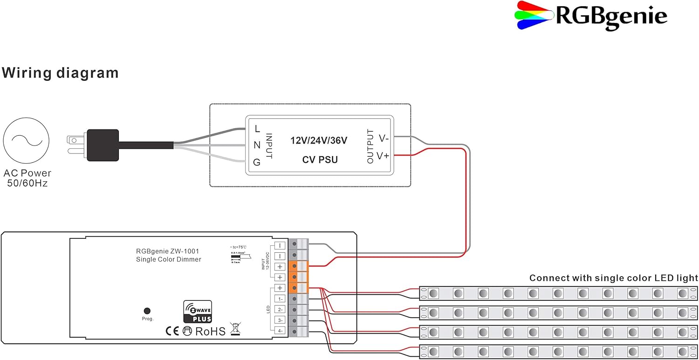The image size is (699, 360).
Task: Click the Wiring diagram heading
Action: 60,73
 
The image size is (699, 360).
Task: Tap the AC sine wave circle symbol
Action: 26,140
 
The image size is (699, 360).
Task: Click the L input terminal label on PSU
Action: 257,129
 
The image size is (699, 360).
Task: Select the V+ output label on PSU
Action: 383,156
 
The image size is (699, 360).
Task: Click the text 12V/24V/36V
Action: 319,140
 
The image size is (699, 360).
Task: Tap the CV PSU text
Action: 320,160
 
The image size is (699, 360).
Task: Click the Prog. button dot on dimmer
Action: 147,311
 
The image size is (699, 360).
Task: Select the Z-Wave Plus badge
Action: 198,312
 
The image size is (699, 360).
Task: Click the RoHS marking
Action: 210,332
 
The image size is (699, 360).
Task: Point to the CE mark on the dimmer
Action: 172,332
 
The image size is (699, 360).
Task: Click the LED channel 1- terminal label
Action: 280,299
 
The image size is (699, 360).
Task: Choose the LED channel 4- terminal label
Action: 280,331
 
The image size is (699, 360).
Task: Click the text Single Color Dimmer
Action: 168,259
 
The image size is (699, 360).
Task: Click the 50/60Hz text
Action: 27,183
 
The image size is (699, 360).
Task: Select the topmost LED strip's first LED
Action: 433,293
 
